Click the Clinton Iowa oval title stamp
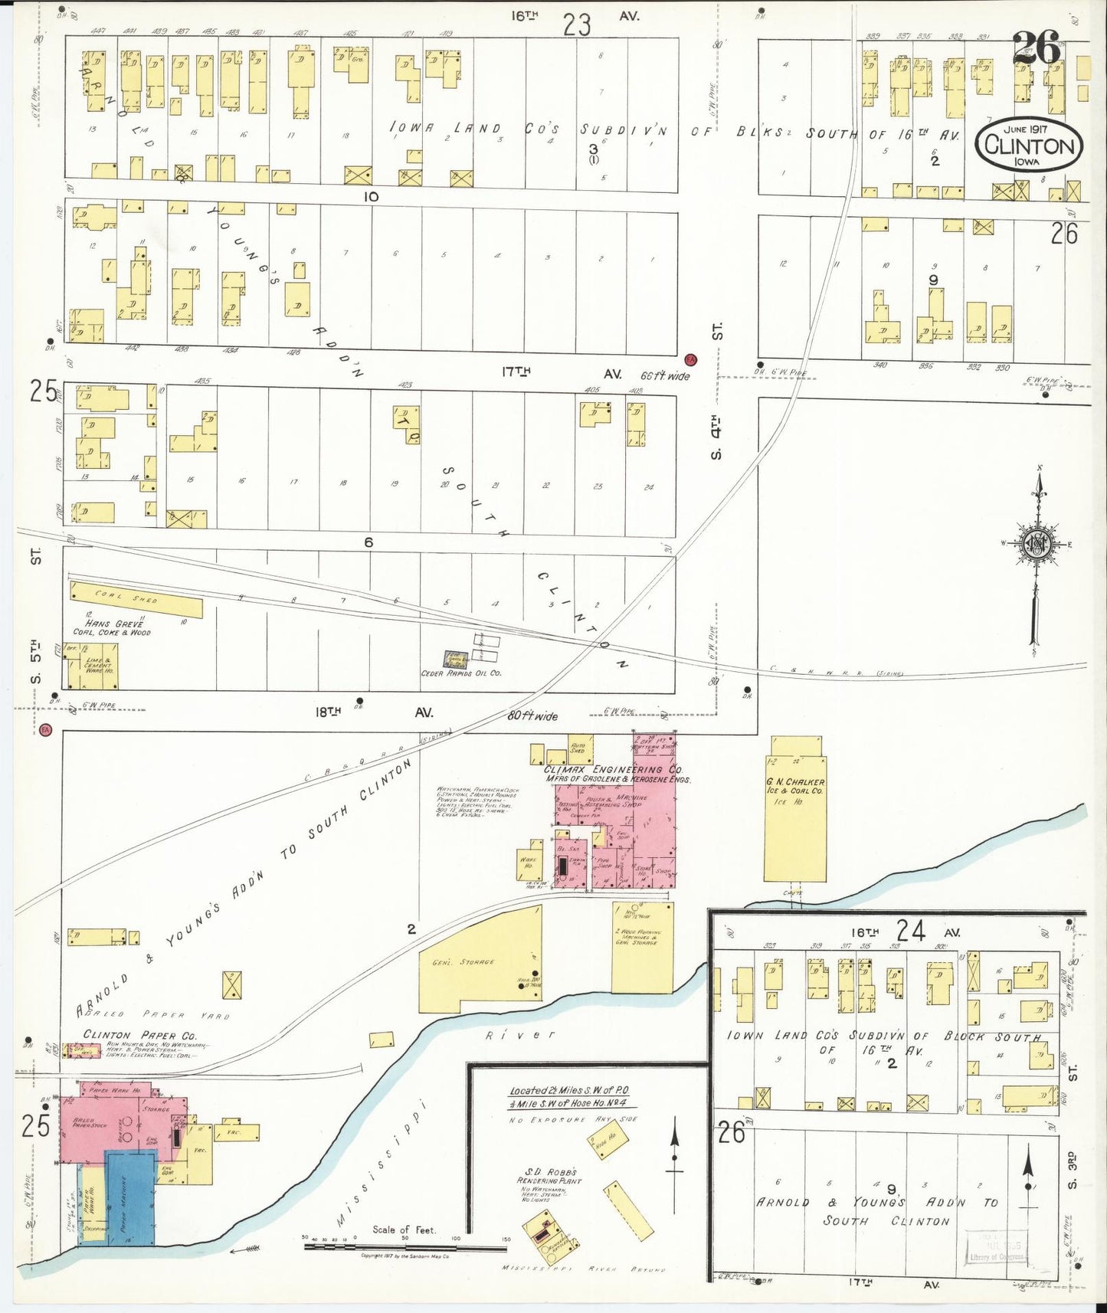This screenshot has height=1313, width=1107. point(1029,144)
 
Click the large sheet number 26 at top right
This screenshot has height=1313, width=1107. point(1037,48)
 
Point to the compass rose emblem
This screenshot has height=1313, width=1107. point(1037,544)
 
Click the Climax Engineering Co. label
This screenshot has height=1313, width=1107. point(613,769)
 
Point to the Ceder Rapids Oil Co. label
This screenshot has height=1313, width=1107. point(461,673)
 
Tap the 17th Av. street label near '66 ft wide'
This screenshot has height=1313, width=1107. point(563,373)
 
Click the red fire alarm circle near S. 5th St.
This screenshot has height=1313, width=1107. point(45,730)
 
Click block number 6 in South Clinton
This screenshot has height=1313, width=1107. point(368,542)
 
